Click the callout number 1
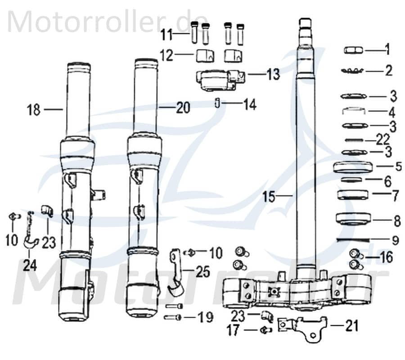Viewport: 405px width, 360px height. [x=388, y=49]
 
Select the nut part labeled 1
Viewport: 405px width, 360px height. [x=354, y=50]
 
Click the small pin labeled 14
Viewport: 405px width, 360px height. [x=216, y=104]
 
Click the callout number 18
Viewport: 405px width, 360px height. [x=34, y=109]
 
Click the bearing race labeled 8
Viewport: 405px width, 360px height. [x=354, y=220]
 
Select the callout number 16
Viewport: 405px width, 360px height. [x=386, y=257]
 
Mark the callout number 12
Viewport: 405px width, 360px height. [x=166, y=55]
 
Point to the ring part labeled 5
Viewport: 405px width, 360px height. [x=354, y=167]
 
